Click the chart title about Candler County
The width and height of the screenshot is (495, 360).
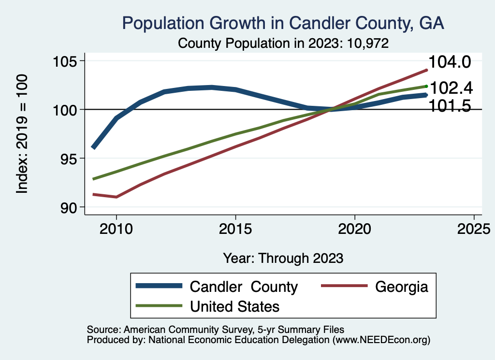click(283, 23)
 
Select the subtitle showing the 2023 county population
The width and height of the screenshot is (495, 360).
click(283, 43)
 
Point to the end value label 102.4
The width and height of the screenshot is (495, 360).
click(451, 88)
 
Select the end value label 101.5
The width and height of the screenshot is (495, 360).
click(450, 106)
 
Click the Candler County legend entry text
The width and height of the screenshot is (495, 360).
click(244, 287)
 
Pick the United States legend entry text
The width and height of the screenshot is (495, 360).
click(235, 306)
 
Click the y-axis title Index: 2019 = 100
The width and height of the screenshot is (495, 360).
click(22, 134)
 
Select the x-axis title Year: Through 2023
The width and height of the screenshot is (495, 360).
click(283, 258)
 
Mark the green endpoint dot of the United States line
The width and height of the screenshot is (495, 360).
click(426, 86)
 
